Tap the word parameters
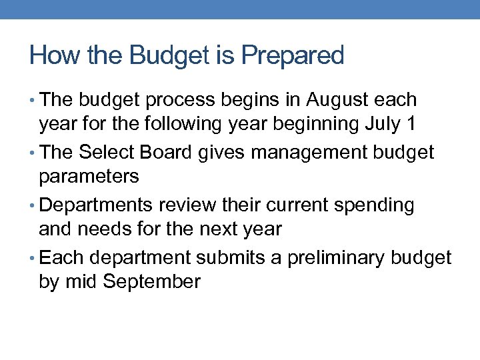point(89,177)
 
